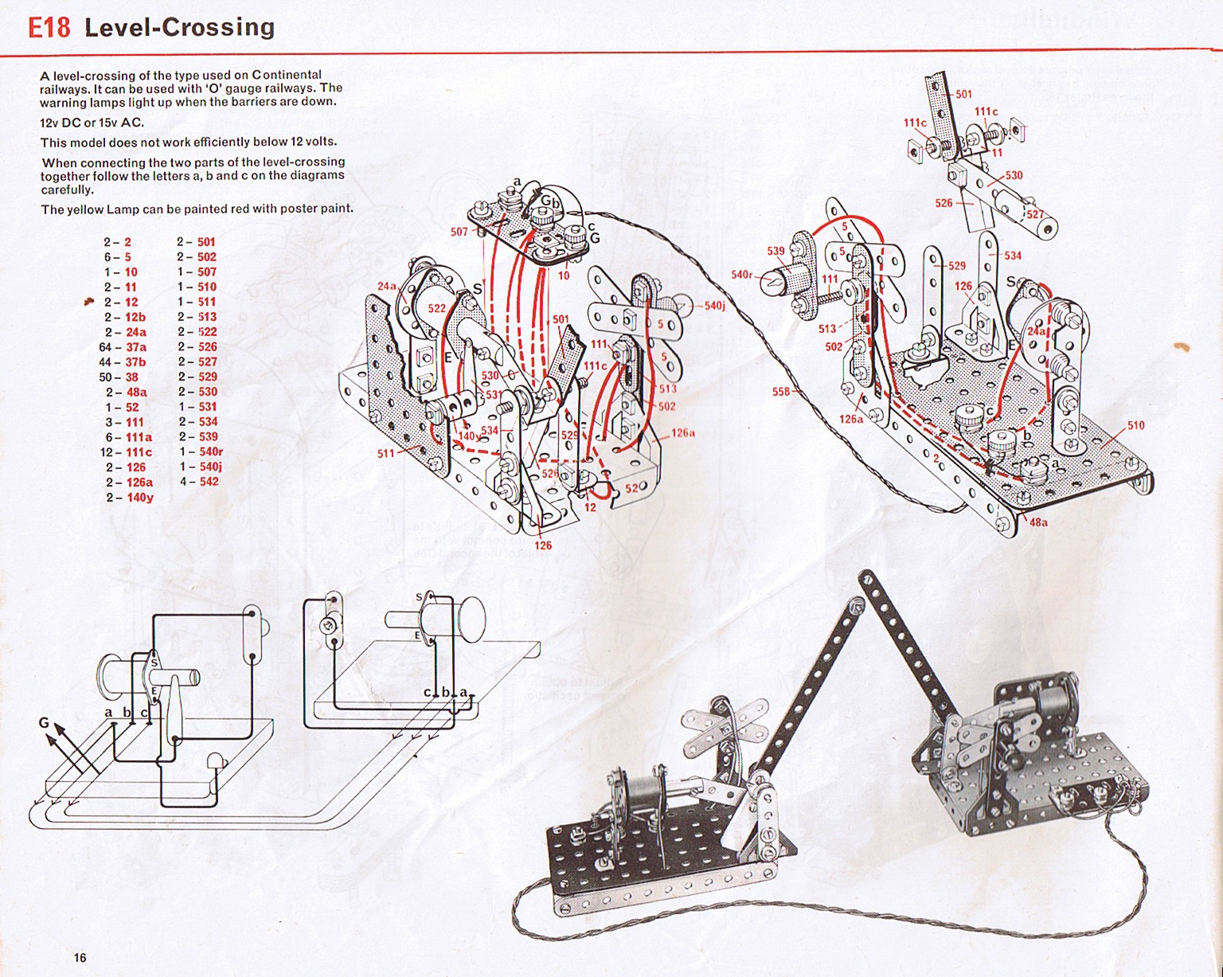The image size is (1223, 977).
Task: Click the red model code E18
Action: pyautogui.click(x=49, y=27)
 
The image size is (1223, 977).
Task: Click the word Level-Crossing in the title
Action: pyautogui.click(x=179, y=27)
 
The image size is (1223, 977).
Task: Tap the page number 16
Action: pyautogui.click(x=80, y=957)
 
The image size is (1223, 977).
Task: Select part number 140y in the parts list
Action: pyautogui.click(x=140, y=498)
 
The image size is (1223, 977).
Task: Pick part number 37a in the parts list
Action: pyautogui.click(x=135, y=347)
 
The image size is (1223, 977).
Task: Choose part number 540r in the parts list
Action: pyautogui.click(x=211, y=451)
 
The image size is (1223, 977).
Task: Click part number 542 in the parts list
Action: pyautogui.click(x=209, y=482)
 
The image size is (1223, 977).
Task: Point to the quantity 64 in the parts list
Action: pyautogui.click(x=106, y=347)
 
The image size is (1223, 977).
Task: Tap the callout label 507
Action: pyautogui.click(x=459, y=232)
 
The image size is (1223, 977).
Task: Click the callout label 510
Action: pyautogui.click(x=1135, y=425)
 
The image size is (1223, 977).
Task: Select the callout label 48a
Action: pyautogui.click(x=1038, y=522)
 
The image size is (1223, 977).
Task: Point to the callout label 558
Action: pyautogui.click(x=781, y=391)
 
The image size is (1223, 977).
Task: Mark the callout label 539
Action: pyautogui.click(x=776, y=251)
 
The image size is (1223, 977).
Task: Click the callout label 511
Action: pyautogui.click(x=386, y=453)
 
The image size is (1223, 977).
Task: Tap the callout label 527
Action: pyautogui.click(x=1034, y=214)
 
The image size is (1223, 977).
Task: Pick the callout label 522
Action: pyautogui.click(x=437, y=308)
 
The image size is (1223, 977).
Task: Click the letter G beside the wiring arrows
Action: pyautogui.click(x=44, y=723)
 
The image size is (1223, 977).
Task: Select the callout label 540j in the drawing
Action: pyautogui.click(x=714, y=305)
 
